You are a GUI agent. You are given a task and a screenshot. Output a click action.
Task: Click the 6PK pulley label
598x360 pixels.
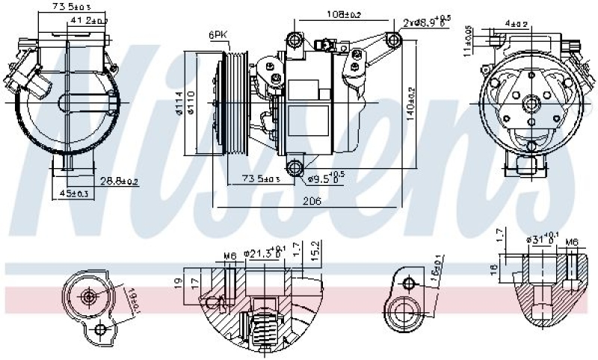218,35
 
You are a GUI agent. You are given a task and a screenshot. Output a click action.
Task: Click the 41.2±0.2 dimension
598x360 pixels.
87,21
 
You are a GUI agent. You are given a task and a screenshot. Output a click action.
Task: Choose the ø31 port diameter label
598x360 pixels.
543,239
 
